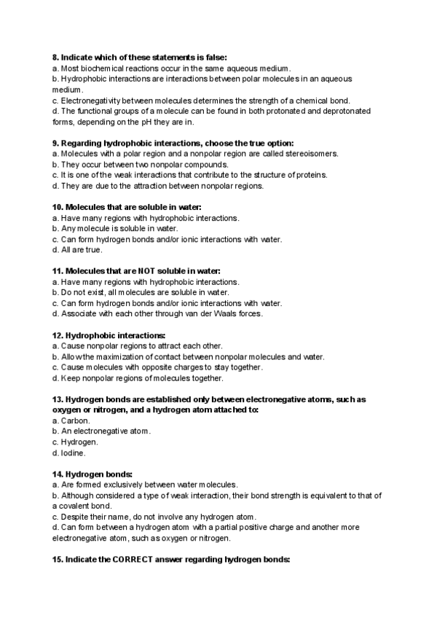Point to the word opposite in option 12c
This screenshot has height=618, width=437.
153,367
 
